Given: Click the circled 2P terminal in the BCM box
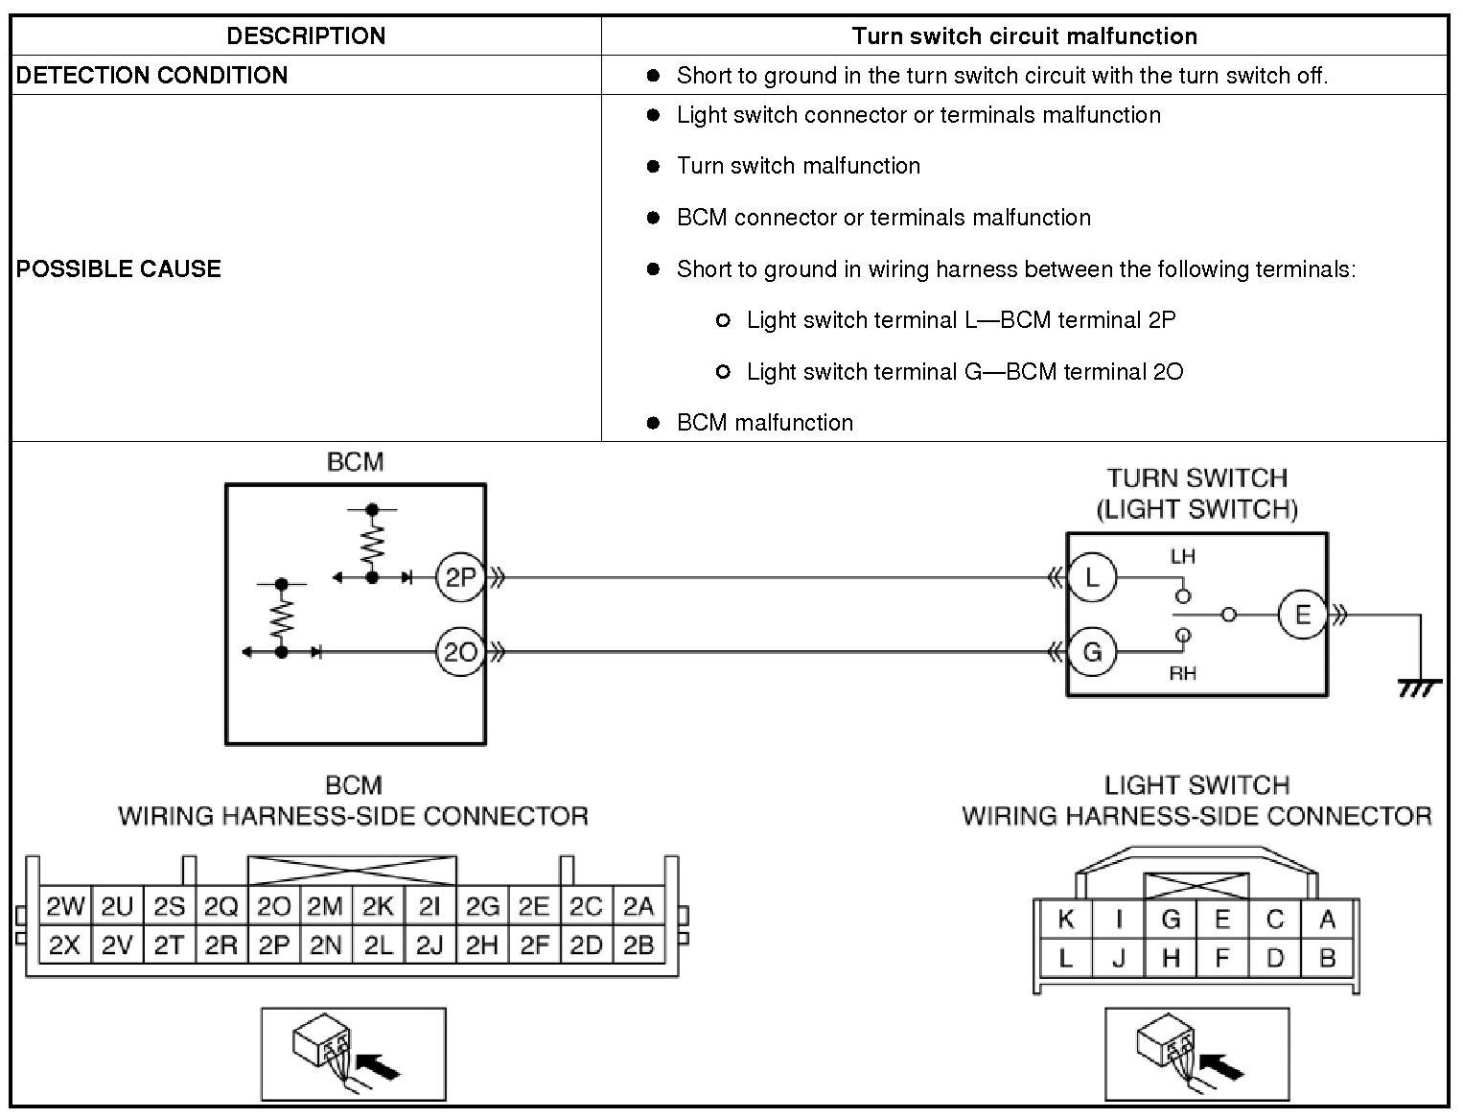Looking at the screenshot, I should pos(460,577).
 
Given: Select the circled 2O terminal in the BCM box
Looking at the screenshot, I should pos(460,652).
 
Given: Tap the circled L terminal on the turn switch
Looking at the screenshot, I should pos(1091,577).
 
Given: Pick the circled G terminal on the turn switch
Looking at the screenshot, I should pos(1091,652).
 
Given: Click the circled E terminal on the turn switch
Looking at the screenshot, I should pos(1302,615).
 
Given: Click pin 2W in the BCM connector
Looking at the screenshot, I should pos(64,906).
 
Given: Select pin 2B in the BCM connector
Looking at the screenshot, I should pos(638,945).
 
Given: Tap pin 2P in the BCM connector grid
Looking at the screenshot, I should pos(273,945).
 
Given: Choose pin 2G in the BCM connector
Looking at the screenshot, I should pos(481,906).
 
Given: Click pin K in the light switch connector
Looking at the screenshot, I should pos(1065,920).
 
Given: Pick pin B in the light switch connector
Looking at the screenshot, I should pos(1327,958).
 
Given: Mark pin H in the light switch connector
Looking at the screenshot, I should pos(1170,958).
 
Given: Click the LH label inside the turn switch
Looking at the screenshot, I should pos(1182,556).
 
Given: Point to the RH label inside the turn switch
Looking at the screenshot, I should pos(1182,673).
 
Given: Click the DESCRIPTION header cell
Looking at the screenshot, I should pos(306,36).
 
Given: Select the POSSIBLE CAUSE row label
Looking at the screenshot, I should pos(119,268).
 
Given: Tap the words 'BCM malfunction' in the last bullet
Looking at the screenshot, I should pos(764,423).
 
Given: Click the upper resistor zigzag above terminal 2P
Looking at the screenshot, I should pos(372,544).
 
